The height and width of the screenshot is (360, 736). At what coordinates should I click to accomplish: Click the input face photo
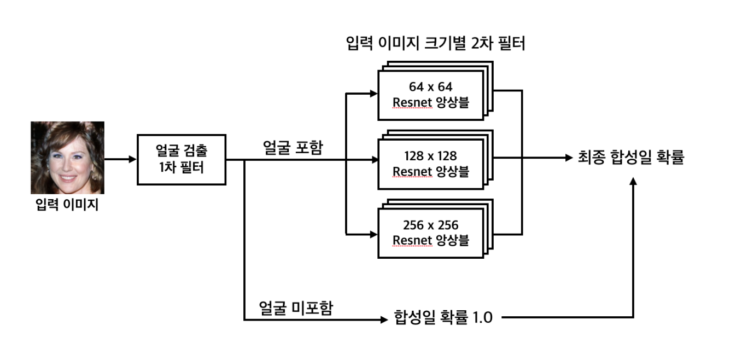pyautogui.click(x=67, y=157)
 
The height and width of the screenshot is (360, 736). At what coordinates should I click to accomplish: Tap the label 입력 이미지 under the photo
pyautogui.click(x=67, y=206)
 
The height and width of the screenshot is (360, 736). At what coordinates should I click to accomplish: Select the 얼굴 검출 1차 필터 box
pyautogui.click(x=181, y=160)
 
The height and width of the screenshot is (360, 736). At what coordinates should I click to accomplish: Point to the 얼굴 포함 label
pyautogui.click(x=293, y=148)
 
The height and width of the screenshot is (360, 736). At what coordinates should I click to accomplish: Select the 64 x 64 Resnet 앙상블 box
pyautogui.click(x=431, y=95)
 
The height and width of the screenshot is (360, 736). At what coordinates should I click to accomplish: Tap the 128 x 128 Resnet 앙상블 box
pyautogui.click(x=431, y=164)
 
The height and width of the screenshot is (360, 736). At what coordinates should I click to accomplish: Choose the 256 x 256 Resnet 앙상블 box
pyautogui.click(x=431, y=233)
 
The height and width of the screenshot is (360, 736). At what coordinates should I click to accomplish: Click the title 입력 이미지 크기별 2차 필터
pyautogui.click(x=436, y=44)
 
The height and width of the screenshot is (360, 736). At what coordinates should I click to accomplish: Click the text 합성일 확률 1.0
pyautogui.click(x=443, y=317)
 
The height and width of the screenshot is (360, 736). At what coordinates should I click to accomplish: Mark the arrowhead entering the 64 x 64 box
pyautogui.click(x=373, y=94)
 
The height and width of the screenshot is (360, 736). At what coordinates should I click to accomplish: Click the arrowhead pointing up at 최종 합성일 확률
pyautogui.click(x=633, y=181)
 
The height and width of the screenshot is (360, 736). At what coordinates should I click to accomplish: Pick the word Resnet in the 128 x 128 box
pyautogui.click(x=412, y=171)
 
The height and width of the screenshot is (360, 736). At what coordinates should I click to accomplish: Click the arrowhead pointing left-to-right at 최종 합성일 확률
pyautogui.click(x=567, y=159)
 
